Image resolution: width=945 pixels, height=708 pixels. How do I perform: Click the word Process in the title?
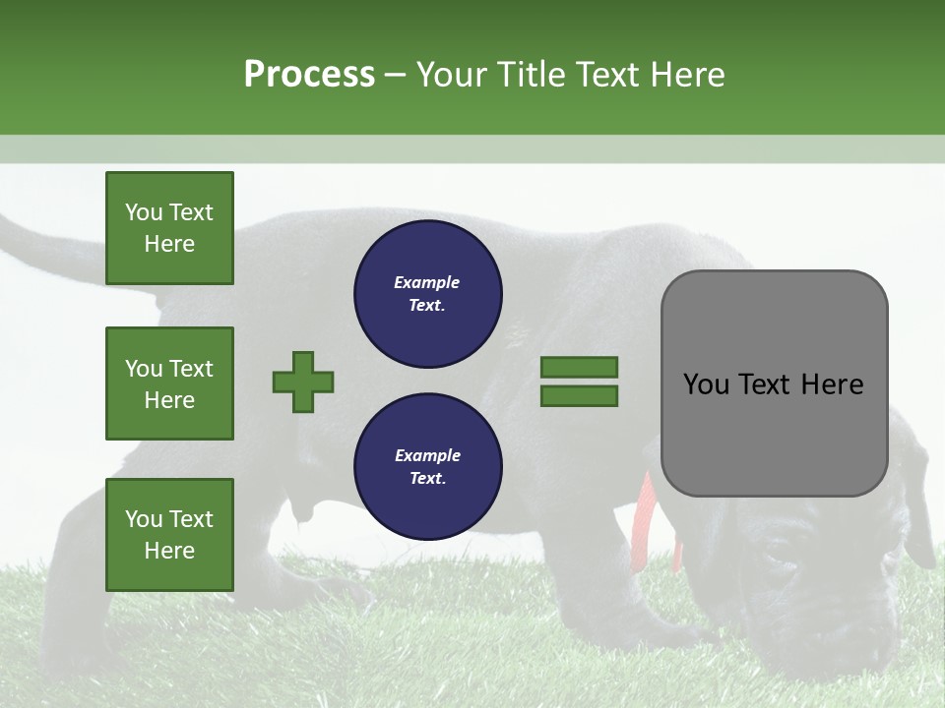pos(309,75)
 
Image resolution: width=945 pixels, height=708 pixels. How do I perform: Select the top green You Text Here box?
pos(169,228)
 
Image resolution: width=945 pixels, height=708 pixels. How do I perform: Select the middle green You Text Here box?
pos(169,383)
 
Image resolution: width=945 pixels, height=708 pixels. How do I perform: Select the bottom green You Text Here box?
pos(169,534)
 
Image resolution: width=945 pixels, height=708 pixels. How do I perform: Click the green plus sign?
pos(303,382)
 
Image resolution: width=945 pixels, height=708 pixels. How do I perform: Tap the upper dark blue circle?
pos(427,294)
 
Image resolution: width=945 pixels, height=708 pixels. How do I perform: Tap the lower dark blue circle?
pos(427,467)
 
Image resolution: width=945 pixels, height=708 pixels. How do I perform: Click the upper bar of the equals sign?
pos(579,367)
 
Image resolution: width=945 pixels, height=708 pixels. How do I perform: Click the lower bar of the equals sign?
pos(579,396)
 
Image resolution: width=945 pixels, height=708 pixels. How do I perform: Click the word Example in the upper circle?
pos(427,282)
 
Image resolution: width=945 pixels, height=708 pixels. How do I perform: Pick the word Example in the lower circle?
pos(427,455)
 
